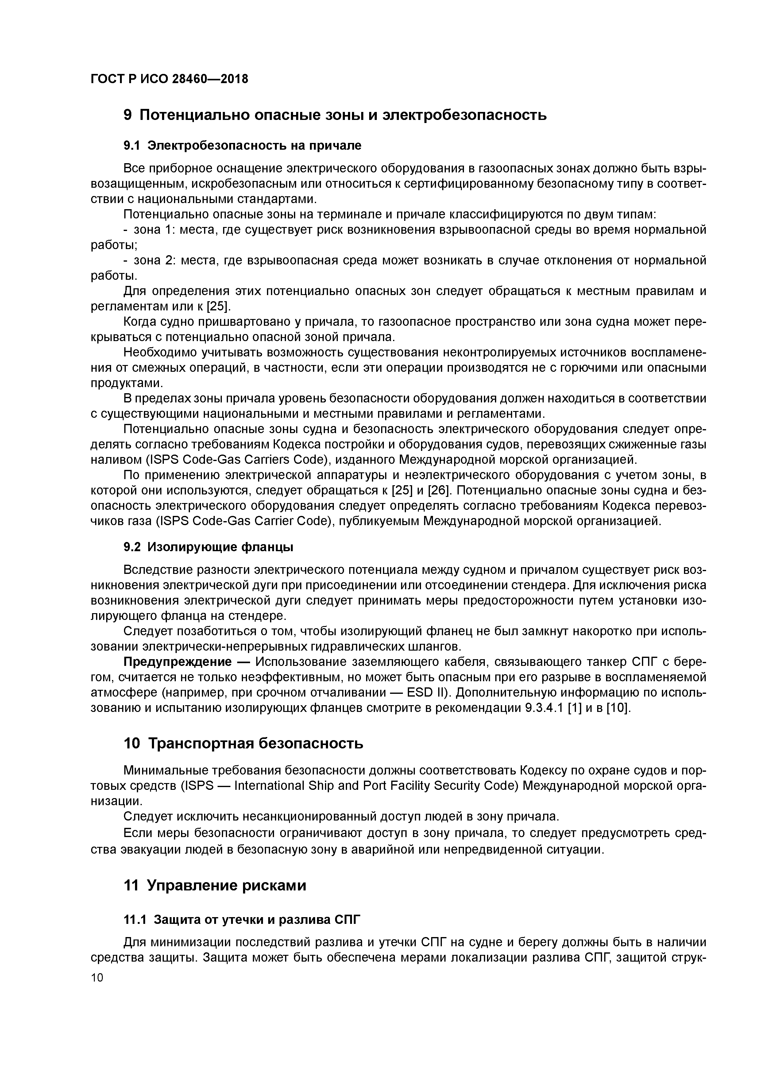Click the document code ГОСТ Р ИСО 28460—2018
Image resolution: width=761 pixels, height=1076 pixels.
coord(169,79)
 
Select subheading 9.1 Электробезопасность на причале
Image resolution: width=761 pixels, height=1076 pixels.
coord(242,146)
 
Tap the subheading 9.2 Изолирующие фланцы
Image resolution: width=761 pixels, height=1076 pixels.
coord(209,547)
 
